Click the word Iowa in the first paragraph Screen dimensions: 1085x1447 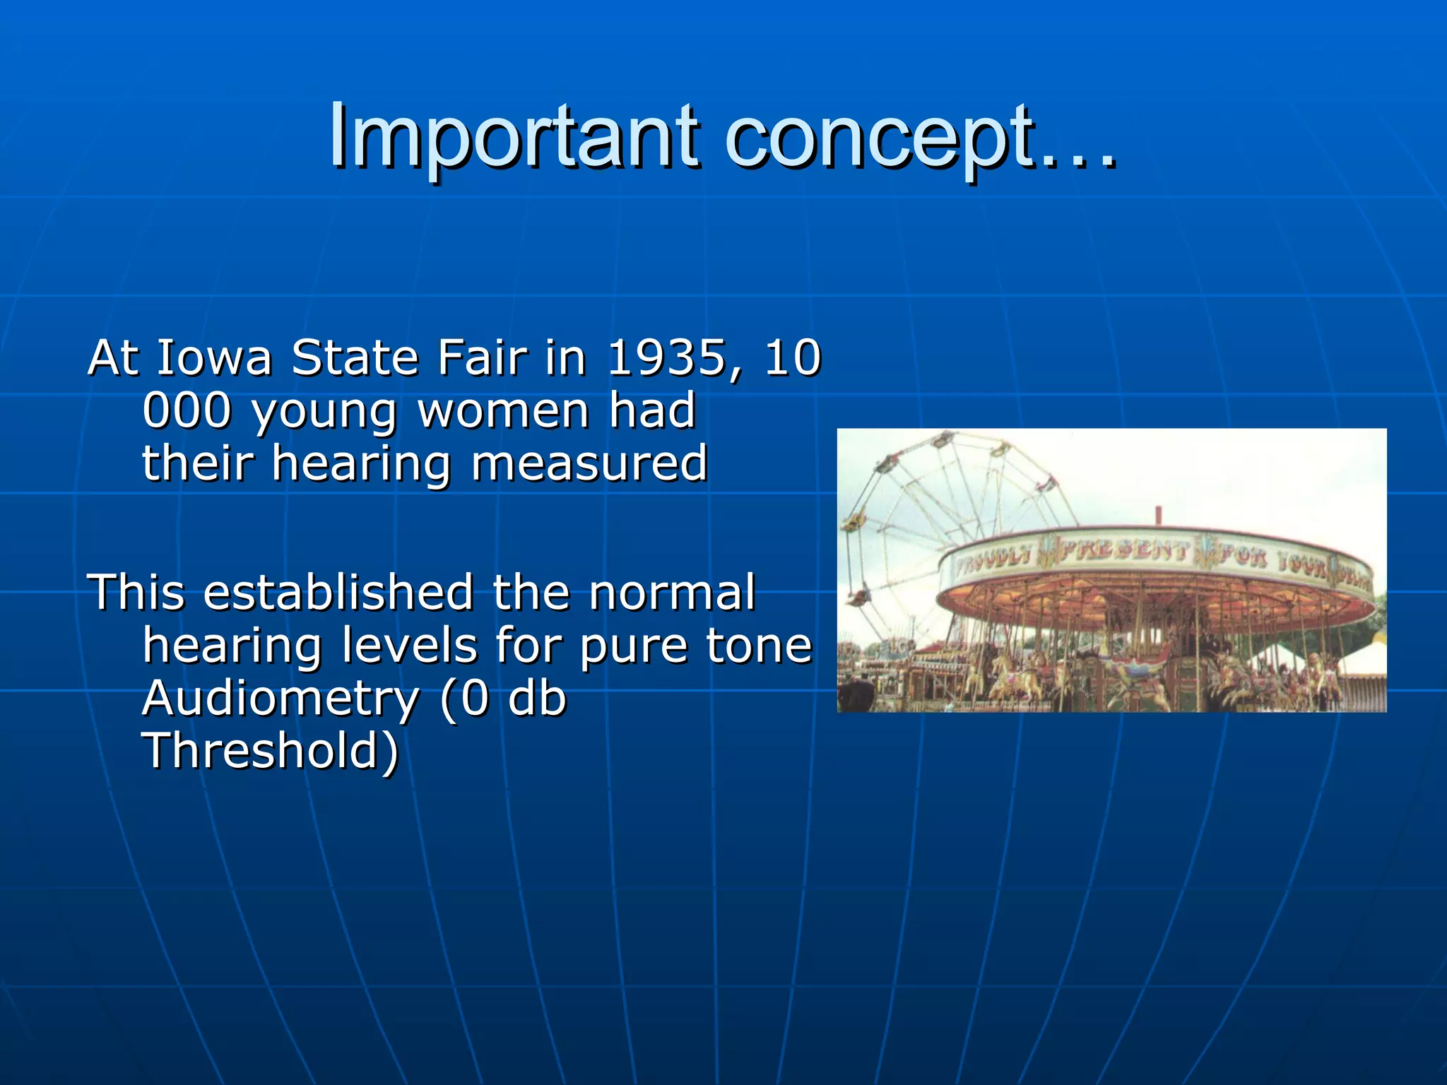(213, 357)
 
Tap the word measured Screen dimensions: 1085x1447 (589, 464)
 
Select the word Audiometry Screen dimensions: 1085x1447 (280, 699)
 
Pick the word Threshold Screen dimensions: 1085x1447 (271, 751)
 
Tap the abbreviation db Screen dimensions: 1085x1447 (537, 699)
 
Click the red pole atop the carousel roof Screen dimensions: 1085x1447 (1158, 515)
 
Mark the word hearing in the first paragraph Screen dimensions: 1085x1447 (361, 464)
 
